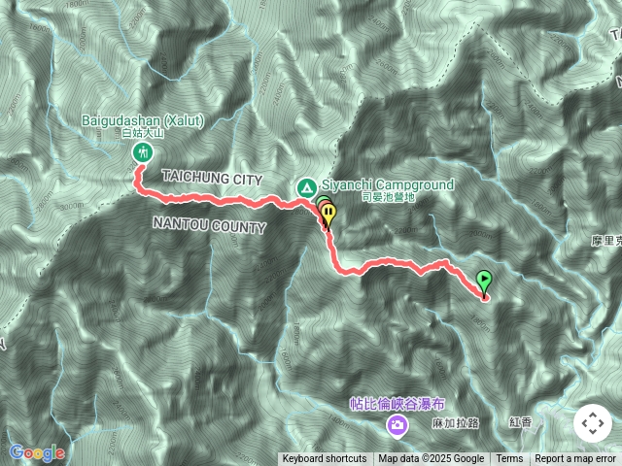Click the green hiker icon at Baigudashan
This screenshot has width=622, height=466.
pos(143,153)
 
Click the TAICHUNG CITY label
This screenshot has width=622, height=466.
pos(212,180)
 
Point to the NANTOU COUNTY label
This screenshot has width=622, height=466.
pos(209,226)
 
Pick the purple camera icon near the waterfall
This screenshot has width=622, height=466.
pos(397,423)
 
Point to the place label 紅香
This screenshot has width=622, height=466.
pos(520,422)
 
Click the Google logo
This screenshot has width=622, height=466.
pos(36,452)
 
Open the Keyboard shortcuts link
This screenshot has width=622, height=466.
pos(325,459)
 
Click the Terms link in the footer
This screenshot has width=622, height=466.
pos(509,459)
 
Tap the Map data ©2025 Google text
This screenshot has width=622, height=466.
pos(432,459)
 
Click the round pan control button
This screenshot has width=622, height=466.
pos(591,423)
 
